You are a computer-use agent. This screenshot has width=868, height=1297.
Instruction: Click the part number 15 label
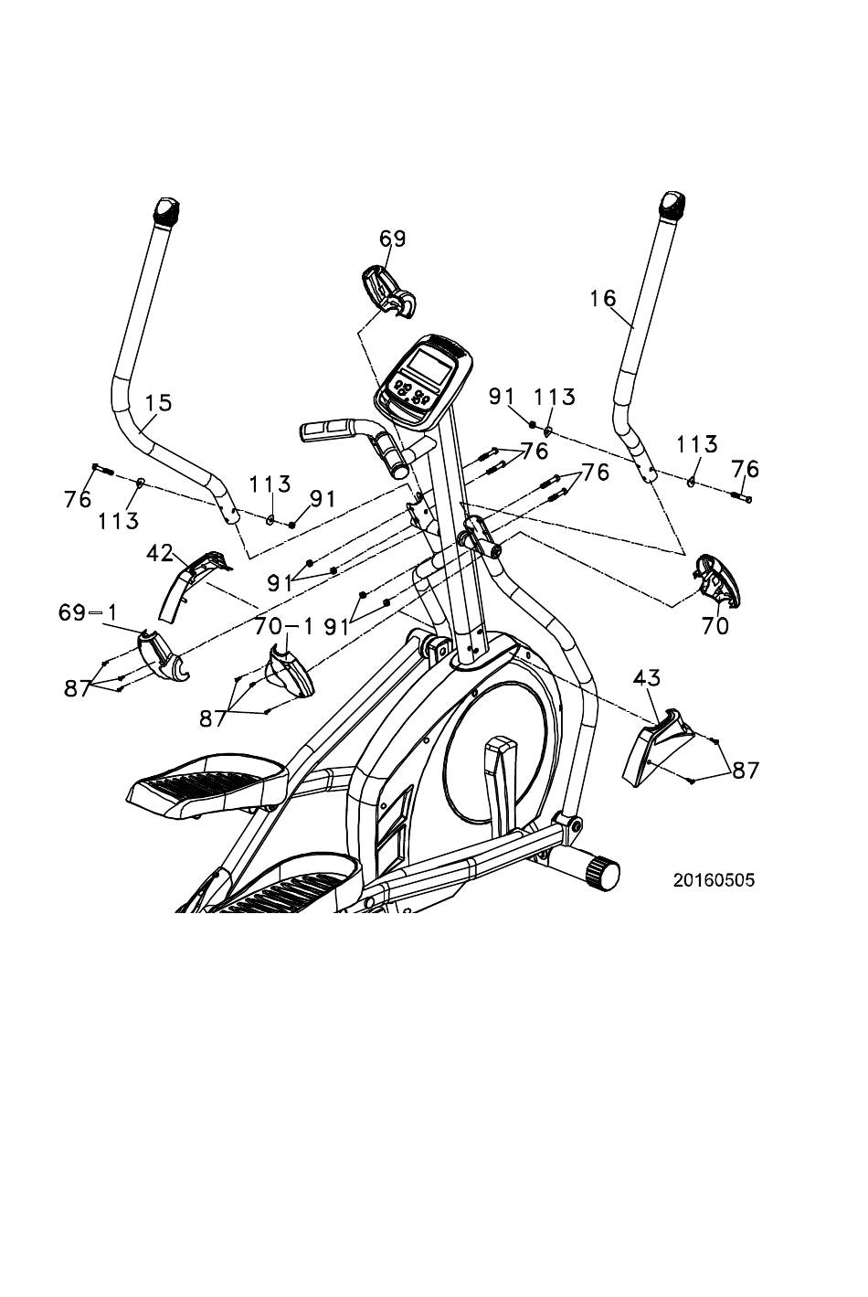(x=158, y=403)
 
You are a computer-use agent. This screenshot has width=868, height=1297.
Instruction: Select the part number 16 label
(x=604, y=299)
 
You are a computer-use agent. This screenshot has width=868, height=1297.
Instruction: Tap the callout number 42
(x=160, y=554)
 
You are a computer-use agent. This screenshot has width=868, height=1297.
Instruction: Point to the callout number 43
(x=647, y=678)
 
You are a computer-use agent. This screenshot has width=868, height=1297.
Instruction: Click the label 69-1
(x=88, y=613)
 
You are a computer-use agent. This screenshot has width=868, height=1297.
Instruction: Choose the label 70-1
(x=283, y=626)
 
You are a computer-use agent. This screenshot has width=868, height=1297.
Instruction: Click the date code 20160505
(x=714, y=881)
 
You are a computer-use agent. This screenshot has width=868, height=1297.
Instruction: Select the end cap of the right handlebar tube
(x=672, y=206)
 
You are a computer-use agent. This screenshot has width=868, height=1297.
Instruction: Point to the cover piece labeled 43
(x=657, y=747)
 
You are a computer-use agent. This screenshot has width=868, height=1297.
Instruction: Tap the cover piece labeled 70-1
(x=290, y=672)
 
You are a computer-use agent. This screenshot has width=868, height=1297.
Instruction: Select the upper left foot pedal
(x=207, y=786)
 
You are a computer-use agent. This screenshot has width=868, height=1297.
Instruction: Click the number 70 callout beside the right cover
(x=715, y=626)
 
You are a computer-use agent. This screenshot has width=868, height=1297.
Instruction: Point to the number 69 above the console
(x=393, y=239)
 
